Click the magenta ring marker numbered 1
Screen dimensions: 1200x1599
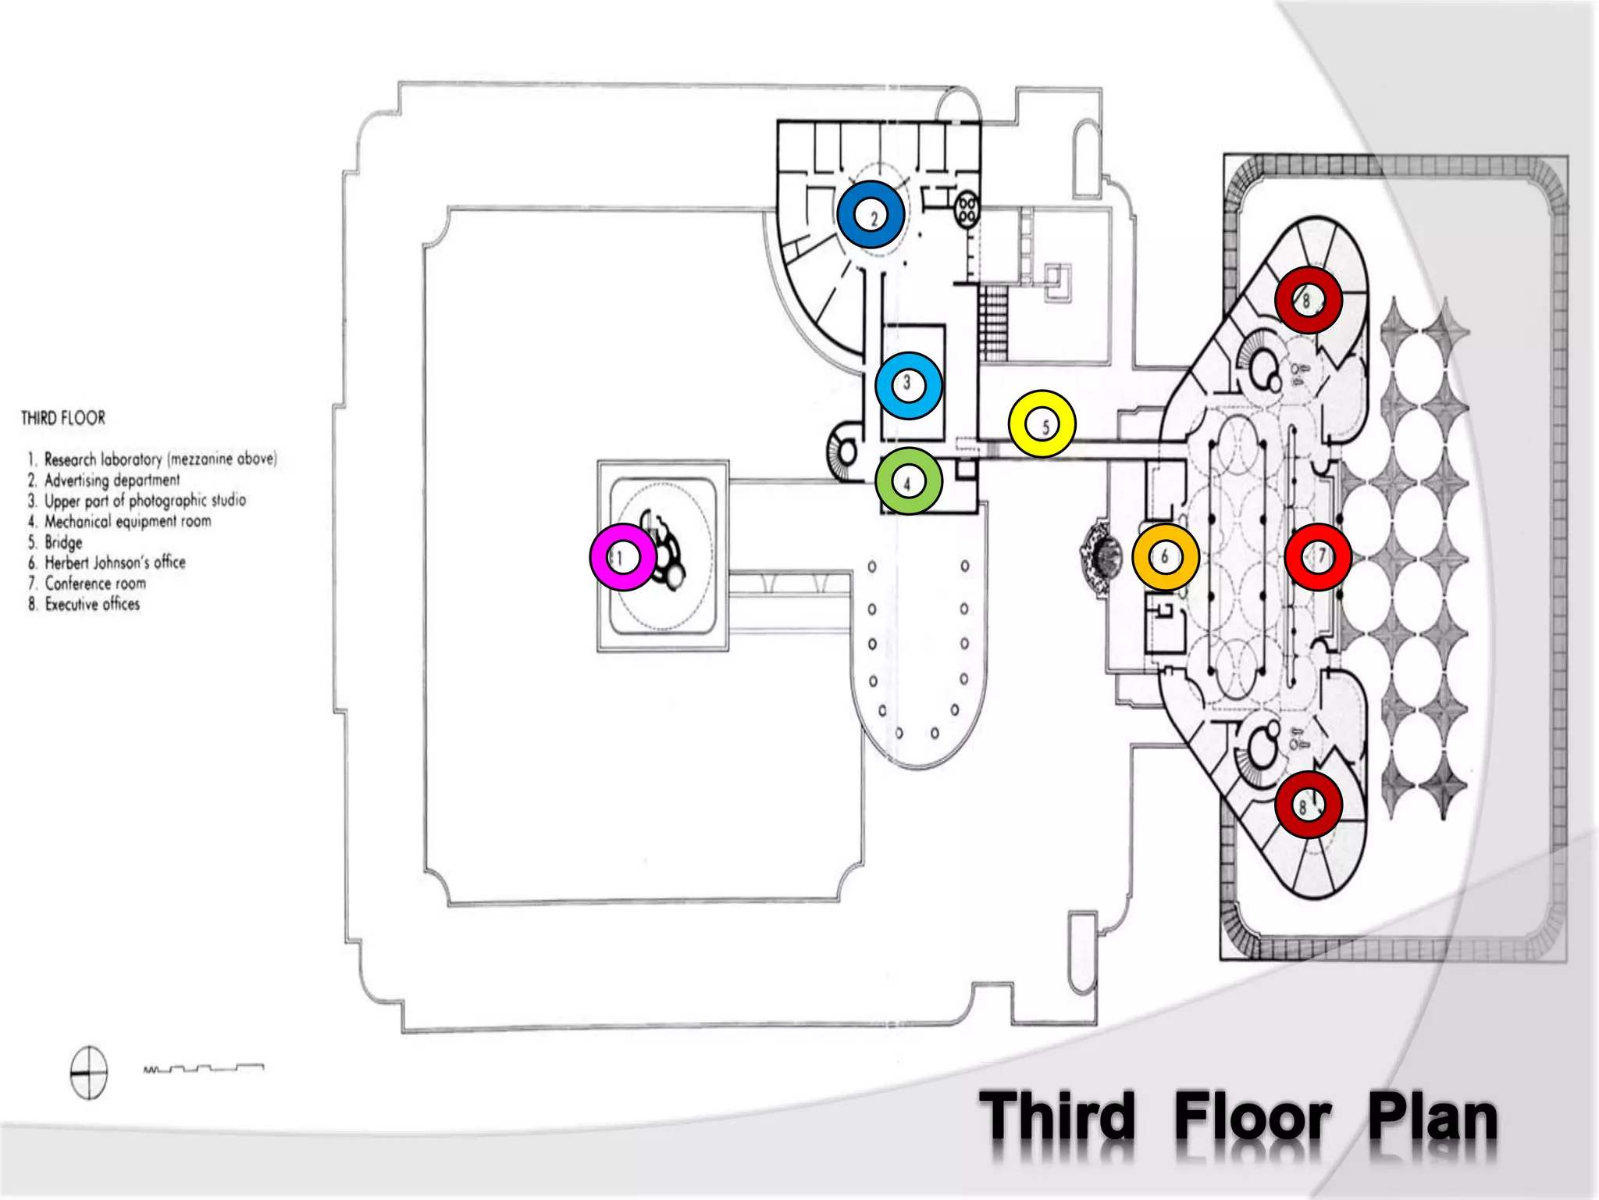click(x=623, y=557)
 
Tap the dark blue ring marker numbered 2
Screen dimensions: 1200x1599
click(x=871, y=215)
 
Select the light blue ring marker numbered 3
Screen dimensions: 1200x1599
click(x=908, y=385)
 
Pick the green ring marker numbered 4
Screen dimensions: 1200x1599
click(x=909, y=481)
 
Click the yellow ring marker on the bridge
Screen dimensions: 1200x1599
click(x=1042, y=423)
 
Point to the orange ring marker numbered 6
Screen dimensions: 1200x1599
click(x=1165, y=557)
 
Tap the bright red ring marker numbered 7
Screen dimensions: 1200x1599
click(x=1318, y=557)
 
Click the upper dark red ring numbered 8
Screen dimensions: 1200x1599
click(x=1309, y=300)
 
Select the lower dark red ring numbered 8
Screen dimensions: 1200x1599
click(x=1309, y=805)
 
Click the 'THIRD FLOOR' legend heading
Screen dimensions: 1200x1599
click(x=63, y=418)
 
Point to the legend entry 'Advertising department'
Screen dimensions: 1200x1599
click(x=112, y=480)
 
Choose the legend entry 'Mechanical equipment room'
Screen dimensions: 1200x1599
click(x=127, y=521)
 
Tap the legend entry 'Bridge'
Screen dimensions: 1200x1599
click(x=63, y=542)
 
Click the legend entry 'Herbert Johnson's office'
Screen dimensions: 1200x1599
click(x=115, y=562)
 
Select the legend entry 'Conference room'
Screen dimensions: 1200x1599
click(x=95, y=584)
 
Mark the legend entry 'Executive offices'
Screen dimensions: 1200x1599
click(x=92, y=604)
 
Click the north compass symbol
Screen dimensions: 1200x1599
click(x=89, y=1073)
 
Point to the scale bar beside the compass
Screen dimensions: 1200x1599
click(x=204, y=1068)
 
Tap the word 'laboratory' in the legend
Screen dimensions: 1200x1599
click(x=132, y=459)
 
